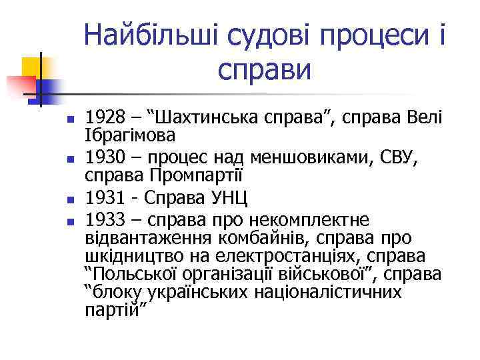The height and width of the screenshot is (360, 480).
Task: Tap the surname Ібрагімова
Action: click(x=131, y=136)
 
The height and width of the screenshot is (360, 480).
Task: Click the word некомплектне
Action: click(x=311, y=219)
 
